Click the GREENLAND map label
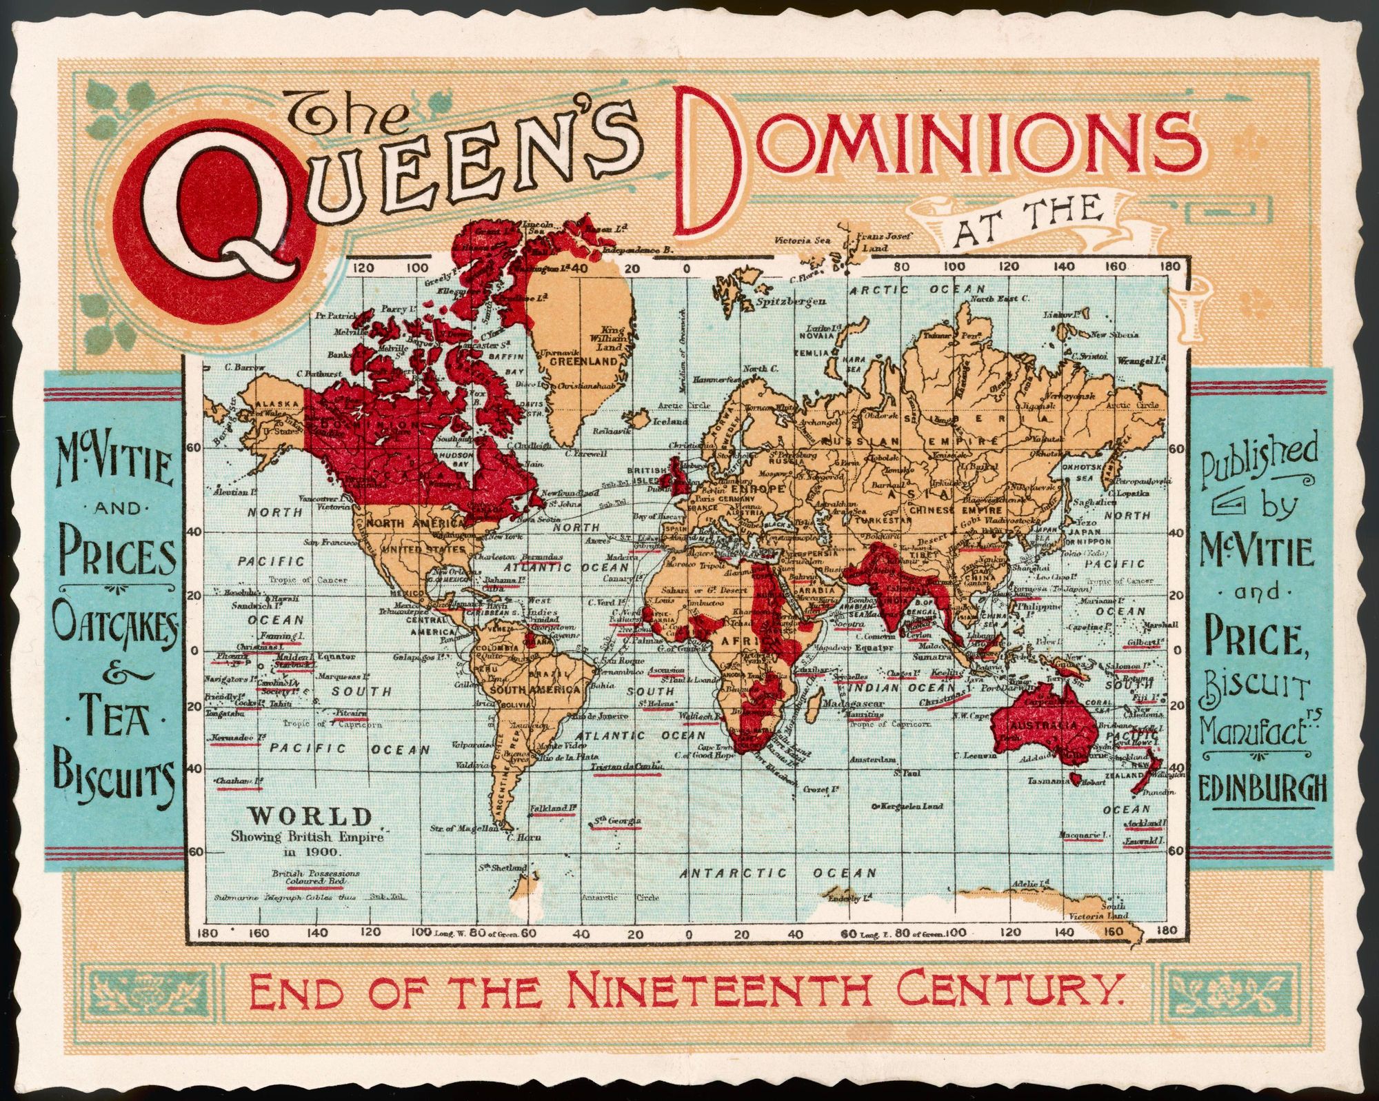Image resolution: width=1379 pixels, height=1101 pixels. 587,361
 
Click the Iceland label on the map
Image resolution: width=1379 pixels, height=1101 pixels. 672,421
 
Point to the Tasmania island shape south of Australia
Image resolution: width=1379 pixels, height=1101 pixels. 1074,777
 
